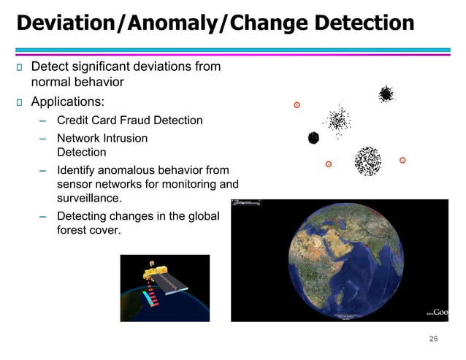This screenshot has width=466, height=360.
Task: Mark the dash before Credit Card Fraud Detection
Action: [x=43, y=120]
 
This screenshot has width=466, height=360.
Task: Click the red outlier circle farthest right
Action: [x=402, y=160]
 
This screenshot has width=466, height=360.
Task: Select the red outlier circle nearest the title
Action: [x=297, y=105]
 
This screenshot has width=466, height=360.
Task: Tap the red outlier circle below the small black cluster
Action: [x=329, y=164]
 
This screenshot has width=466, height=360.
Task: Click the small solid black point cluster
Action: [x=314, y=137]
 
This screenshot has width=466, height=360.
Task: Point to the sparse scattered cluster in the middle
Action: [x=338, y=120]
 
